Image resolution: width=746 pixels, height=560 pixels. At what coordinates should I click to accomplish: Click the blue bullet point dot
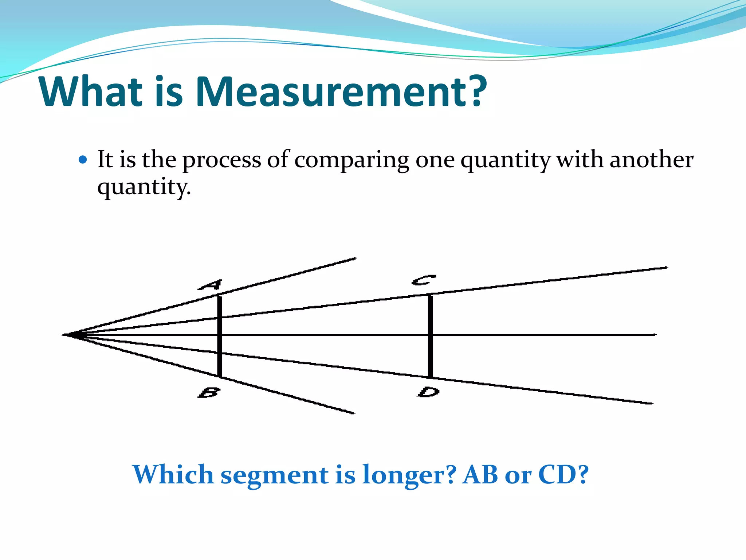83,160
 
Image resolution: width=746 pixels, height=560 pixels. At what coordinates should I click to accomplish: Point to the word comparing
352,160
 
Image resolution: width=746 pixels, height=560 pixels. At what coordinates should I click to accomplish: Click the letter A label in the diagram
211,285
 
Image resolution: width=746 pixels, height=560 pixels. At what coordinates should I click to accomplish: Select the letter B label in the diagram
209,392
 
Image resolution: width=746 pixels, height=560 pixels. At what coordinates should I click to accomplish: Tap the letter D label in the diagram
429,392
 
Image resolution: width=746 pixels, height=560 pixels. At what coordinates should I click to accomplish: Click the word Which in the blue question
173,475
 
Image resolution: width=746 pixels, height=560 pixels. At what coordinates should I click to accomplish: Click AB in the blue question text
480,475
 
